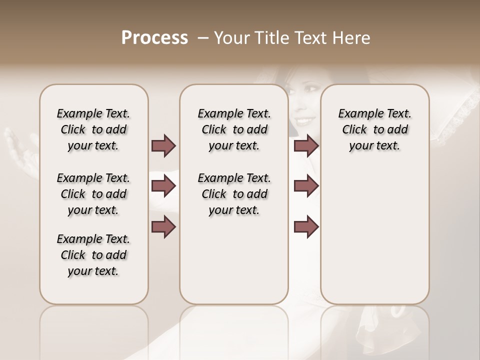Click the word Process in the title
(x=154, y=38)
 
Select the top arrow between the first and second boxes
(x=163, y=146)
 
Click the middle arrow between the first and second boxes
(x=163, y=186)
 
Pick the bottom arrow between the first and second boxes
(x=163, y=227)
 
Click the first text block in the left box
(x=93, y=129)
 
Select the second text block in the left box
(x=93, y=194)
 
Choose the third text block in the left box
(x=93, y=255)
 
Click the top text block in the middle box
(x=234, y=129)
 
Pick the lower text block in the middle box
(x=234, y=194)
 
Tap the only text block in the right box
(x=374, y=129)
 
